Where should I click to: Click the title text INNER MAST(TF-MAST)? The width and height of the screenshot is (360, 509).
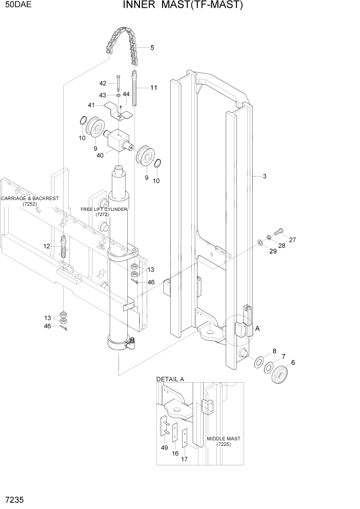tap(183, 6)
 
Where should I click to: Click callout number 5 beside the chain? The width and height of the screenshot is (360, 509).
tap(152, 48)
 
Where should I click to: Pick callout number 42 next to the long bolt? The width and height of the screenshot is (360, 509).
tap(103, 83)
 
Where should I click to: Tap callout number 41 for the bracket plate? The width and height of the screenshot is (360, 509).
tap(91, 105)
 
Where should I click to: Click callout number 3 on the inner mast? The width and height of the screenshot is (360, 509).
tap(264, 177)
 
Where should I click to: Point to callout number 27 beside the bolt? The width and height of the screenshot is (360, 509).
tap(292, 240)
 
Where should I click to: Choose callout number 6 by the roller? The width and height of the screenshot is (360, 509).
tap(293, 362)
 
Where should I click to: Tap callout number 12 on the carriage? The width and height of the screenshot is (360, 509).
tap(47, 246)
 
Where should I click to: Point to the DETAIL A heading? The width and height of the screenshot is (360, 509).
tap(170, 379)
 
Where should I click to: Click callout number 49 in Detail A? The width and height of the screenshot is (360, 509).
tap(164, 448)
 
